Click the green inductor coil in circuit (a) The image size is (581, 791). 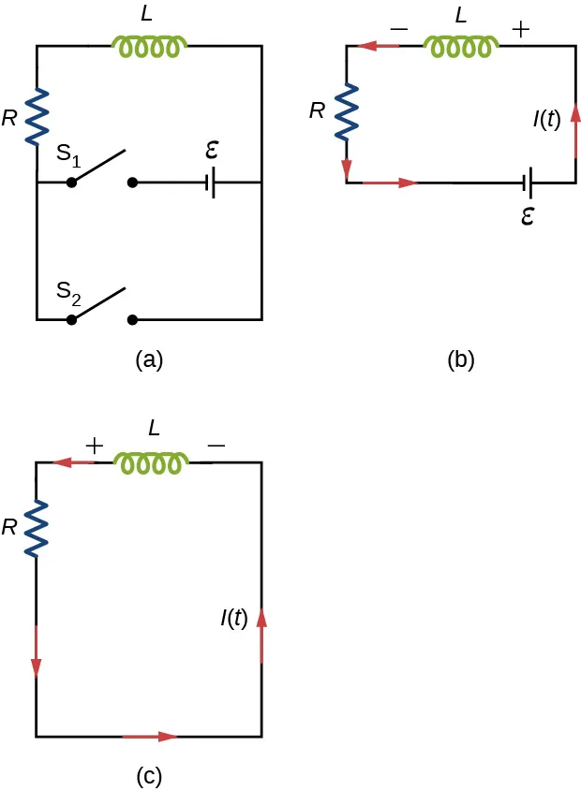tap(150, 46)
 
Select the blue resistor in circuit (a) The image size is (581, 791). tap(37, 113)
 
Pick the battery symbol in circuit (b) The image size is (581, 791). tap(529, 183)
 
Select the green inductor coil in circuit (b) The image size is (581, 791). tap(461, 46)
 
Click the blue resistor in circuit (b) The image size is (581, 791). tap(348, 110)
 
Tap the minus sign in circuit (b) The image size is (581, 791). tap(397, 30)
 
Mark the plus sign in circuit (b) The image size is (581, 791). tap(521, 30)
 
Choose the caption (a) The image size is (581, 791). tap(149, 359)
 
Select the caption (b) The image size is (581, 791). tap(460, 359)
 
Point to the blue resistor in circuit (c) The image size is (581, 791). tap(37, 529)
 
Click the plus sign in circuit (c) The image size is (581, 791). tap(94, 445)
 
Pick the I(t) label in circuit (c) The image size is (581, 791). tap(234, 619)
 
